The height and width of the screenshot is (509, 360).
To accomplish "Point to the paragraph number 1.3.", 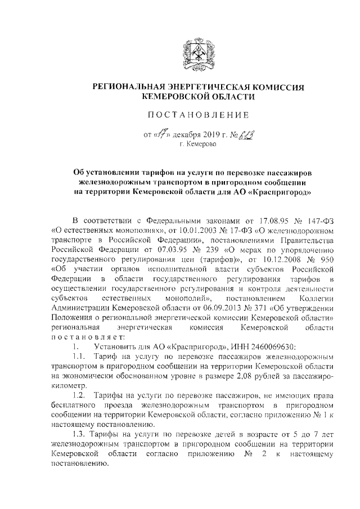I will coord(80,435).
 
